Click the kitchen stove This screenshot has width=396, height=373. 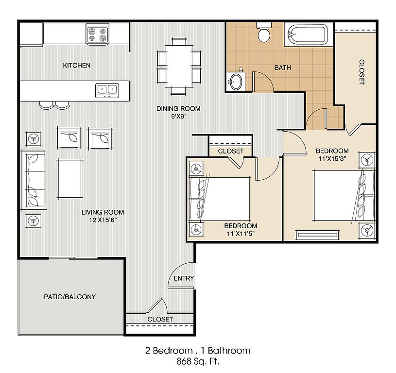click(98, 34)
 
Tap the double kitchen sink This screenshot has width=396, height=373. click(107, 90)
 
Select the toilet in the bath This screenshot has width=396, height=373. click(264, 33)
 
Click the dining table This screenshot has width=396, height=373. click(179, 66)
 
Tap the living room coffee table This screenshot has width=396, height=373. click(70, 178)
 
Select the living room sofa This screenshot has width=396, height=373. click(34, 180)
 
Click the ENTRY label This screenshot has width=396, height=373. click(184, 278)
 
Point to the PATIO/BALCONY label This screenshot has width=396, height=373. click(69, 297)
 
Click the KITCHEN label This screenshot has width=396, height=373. click(76, 66)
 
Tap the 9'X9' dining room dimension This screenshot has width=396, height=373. click(178, 117)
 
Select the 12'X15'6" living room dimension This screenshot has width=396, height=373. click(103, 220)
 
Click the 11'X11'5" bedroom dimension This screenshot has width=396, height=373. click(241, 234)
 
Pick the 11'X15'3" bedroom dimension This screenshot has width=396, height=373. click(332, 159)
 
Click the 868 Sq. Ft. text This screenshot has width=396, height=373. click(198, 361)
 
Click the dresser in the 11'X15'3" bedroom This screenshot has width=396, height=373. click(317, 235)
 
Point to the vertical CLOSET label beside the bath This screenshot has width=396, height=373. click(362, 72)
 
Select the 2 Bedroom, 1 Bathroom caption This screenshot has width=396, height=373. click(198, 351)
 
